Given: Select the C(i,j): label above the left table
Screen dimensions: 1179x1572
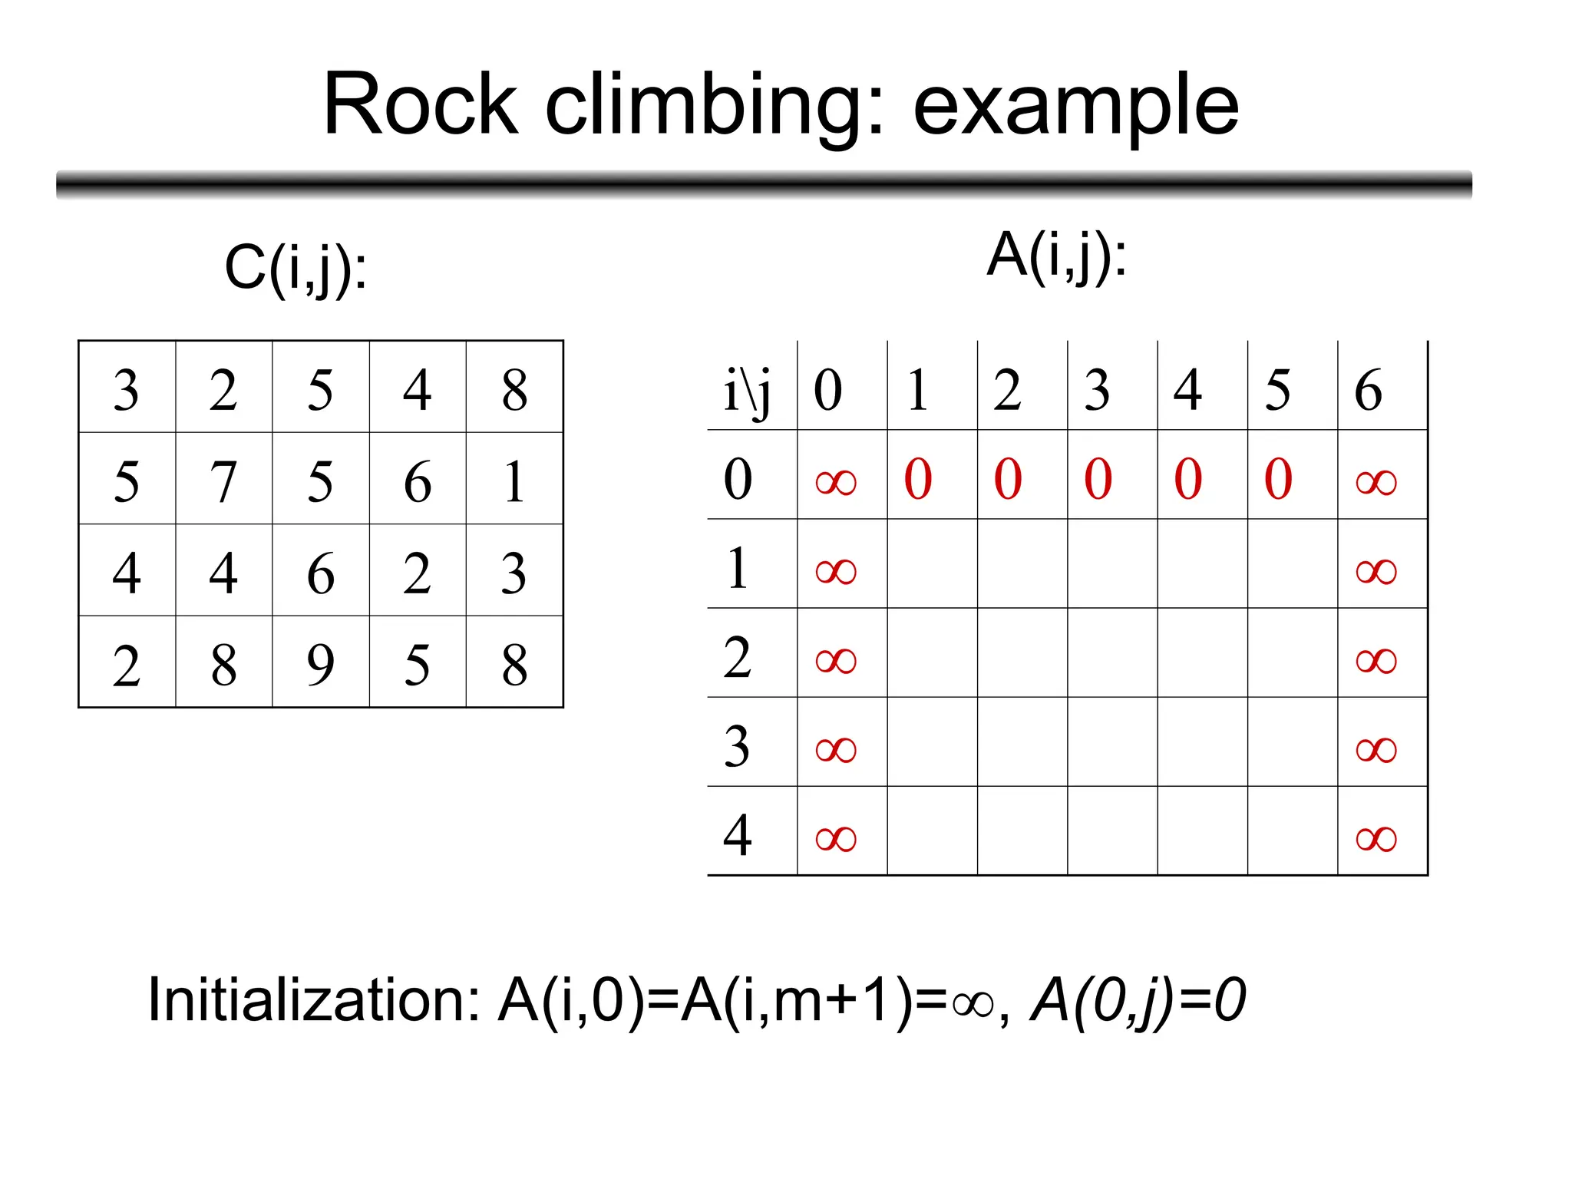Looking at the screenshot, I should tap(296, 269).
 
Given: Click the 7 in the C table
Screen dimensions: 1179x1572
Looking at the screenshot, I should tap(223, 481).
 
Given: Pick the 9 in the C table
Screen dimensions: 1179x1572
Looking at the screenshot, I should tap(320, 665).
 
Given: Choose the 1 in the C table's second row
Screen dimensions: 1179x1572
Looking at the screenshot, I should tap(514, 481).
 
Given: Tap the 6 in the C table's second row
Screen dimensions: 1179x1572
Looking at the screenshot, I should tap(418, 481).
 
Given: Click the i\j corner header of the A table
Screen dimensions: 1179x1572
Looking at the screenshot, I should tap(747, 390).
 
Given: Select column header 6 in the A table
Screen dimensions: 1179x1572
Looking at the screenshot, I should tap(1368, 390).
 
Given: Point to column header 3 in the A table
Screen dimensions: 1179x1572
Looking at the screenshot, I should tap(1097, 390).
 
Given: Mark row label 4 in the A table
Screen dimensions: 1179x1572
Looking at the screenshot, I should tap(737, 835).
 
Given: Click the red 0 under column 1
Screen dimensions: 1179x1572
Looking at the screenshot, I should tap(918, 479).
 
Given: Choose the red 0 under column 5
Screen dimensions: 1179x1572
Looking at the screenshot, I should tap(1278, 479).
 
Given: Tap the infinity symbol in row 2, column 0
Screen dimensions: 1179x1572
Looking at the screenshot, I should tap(836, 660).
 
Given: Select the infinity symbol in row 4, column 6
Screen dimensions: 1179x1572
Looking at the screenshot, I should tap(1376, 838).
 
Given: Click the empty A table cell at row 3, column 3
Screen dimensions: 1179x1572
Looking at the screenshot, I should tap(1112, 742).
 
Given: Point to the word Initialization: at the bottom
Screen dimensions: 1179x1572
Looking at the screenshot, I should tap(315, 1000).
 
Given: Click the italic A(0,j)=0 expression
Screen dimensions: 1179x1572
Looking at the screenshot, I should tap(1138, 1000).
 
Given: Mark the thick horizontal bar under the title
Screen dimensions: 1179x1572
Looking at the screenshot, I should tap(764, 185).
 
